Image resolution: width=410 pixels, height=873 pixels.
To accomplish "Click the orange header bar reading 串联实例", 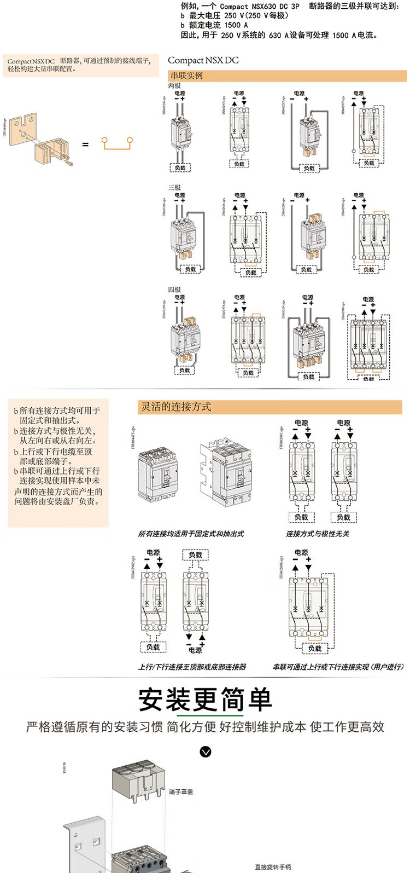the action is [287, 76].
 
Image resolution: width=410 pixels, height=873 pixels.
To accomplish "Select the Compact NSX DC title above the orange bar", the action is [203, 60].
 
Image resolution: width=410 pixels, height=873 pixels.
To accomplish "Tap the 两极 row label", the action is [174, 86].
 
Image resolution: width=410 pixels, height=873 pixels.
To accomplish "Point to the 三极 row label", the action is [174, 188].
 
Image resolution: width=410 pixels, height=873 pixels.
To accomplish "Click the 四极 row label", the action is [174, 290].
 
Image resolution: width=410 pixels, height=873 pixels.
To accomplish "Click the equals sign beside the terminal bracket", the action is [85, 144].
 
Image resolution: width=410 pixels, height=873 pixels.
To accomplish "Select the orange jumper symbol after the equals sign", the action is [117, 143].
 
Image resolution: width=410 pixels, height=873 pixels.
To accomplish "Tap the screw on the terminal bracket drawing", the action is [68, 162].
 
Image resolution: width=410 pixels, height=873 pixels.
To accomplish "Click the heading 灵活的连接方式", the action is [176, 407].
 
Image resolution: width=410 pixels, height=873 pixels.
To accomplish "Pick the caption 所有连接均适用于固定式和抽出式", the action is [191, 534].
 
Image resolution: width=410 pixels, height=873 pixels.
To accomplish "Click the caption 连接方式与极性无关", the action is [318, 534].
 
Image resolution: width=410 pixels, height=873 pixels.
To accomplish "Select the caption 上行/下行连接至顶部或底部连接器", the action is [192, 667].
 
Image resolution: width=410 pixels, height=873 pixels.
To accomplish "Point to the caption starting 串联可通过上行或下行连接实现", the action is [338, 667].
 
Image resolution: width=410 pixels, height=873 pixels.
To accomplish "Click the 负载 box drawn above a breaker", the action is [195, 555].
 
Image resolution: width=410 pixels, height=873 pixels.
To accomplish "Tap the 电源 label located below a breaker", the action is [195, 650].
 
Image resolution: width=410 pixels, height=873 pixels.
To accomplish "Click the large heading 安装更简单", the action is [205, 700].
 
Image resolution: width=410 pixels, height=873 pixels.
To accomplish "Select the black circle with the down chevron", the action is [206, 752].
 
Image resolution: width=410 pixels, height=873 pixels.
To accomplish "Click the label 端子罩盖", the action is [181, 792].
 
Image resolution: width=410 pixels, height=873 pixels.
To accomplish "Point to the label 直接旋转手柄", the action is [273, 867].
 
